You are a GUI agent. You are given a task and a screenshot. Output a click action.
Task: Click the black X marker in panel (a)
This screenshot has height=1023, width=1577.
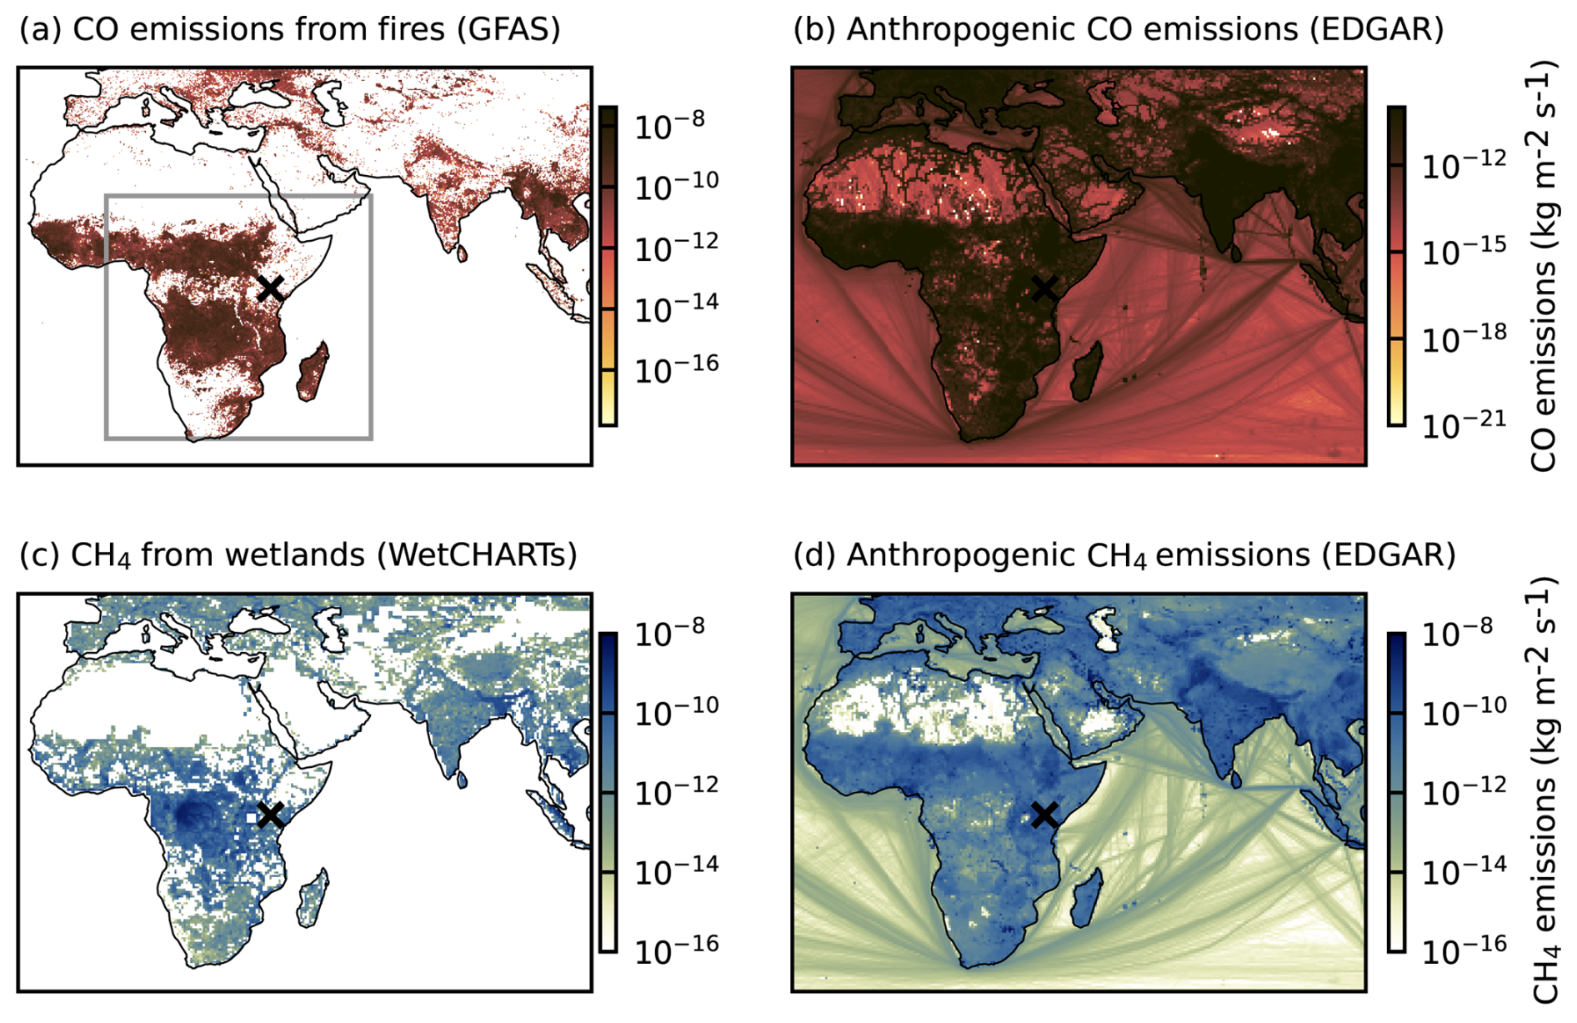(x=270, y=288)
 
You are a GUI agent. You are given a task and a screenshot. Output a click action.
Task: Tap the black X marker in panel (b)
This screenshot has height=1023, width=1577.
(x=1044, y=288)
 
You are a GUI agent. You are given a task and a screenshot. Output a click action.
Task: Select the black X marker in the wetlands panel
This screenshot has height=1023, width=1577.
(x=270, y=815)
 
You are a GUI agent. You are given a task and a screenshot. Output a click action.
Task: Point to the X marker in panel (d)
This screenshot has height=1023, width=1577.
(x=1044, y=815)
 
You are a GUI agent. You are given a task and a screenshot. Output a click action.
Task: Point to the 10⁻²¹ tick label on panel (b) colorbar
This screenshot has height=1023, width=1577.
(x=1464, y=424)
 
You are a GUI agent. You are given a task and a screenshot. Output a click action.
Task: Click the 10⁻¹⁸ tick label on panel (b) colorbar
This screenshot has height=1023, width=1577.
(x=1464, y=338)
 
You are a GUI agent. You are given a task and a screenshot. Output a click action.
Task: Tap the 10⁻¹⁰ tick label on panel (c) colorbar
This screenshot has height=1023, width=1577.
(x=677, y=712)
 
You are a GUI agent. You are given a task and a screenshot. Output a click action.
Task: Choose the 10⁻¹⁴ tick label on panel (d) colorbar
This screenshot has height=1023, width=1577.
(x=1464, y=870)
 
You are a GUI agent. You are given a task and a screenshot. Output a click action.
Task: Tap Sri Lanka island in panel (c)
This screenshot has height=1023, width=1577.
(x=463, y=780)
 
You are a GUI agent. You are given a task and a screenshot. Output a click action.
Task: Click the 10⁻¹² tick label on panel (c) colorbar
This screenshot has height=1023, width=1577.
(x=677, y=791)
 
